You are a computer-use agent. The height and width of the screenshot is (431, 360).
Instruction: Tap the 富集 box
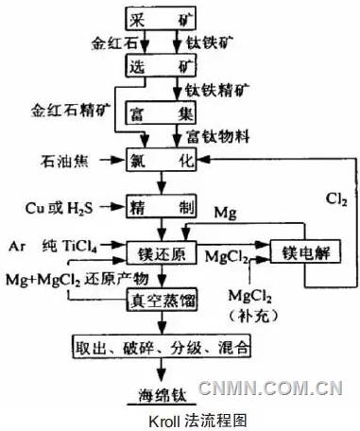point(160,114)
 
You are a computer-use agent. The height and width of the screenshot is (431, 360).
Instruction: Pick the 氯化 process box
point(160,162)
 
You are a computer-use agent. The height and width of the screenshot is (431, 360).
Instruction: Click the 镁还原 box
point(160,252)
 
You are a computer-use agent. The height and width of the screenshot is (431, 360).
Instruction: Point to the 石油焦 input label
point(62,158)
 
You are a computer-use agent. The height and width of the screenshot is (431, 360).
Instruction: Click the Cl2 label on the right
point(332,199)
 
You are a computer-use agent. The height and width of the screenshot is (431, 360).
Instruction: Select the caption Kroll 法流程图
point(180,420)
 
